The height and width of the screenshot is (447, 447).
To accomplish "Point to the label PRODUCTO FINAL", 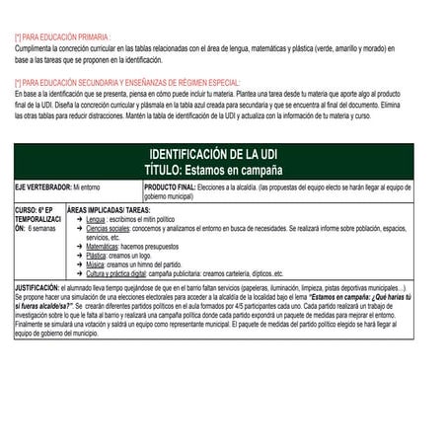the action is point(170,186).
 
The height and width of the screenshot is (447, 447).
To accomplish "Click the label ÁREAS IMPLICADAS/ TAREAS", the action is point(112,210).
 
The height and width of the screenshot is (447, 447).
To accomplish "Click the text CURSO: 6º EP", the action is point(35,210).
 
